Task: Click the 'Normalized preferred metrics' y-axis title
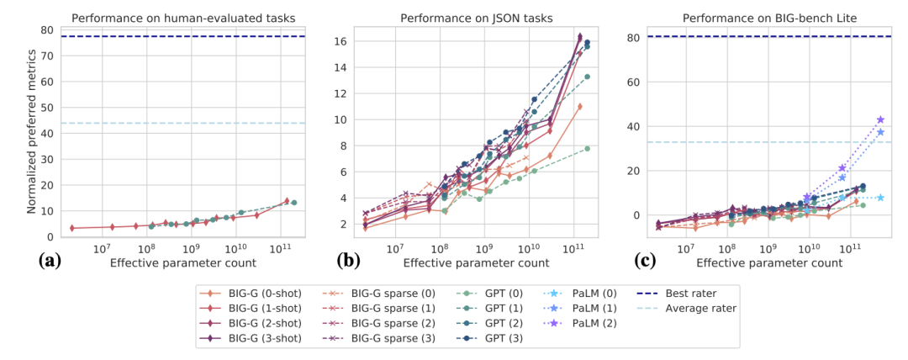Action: [x=31, y=132]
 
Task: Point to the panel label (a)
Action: [x=50, y=261]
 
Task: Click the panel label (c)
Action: [x=641, y=261]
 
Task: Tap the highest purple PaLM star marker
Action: [x=880, y=120]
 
